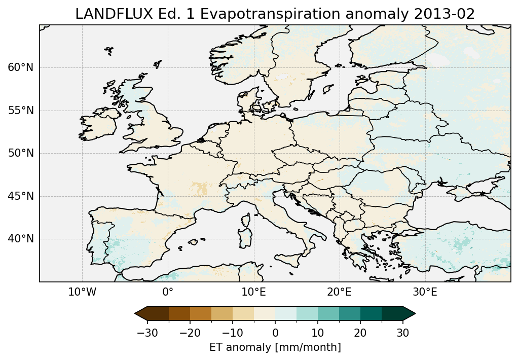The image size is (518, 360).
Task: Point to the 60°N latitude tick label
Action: point(21,67)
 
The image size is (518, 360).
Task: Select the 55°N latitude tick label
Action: point(21,111)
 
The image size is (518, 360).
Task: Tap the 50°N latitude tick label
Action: point(21,153)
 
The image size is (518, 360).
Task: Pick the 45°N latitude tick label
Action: point(21,196)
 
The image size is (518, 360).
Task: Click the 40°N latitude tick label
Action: point(21,239)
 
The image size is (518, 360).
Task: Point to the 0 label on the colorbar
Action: point(275,333)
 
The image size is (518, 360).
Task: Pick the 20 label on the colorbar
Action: point(360,333)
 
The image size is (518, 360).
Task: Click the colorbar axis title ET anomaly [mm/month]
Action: point(275,347)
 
